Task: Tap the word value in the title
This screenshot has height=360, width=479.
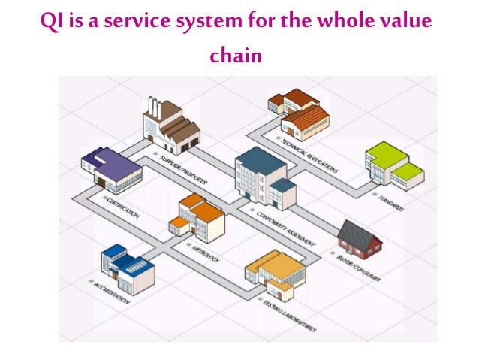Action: tap(406, 20)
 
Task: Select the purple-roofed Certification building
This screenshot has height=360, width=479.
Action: tap(112, 168)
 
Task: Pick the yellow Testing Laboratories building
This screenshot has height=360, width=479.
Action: tap(275, 274)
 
